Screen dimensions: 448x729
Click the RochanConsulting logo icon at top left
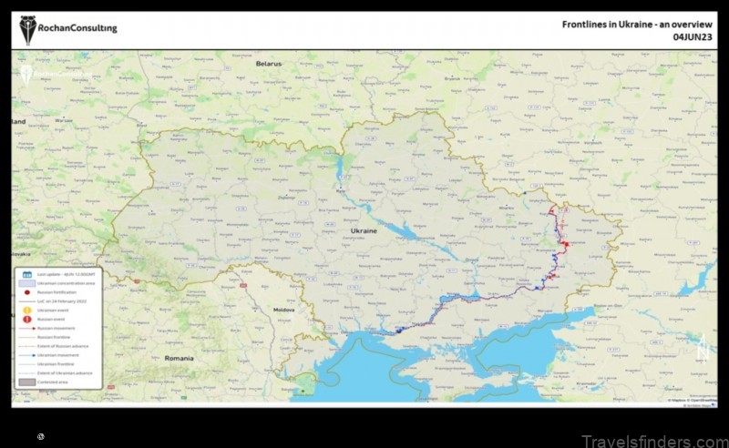pyautogui.click(x=29, y=30)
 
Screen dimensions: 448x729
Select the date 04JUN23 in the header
pyautogui.click(x=695, y=38)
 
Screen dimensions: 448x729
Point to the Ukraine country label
pyautogui.click(x=364, y=232)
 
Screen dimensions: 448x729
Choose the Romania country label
pyautogui.click(x=180, y=359)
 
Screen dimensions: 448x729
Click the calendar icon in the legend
pyautogui.click(x=26, y=274)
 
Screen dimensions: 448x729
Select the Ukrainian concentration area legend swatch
pyautogui.click(x=26, y=283)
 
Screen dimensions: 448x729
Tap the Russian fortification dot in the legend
pyautogui.click(x=26, y=292)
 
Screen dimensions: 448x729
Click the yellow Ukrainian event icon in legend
pyautogui.click(x=26, y=310)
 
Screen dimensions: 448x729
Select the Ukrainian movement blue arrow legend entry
pyautogui.click(x=26, y=354)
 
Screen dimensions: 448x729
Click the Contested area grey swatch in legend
pyautogui.click(x=26, y=382)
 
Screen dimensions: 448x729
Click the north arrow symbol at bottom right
pyautogui.click(x=700, y=346)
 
